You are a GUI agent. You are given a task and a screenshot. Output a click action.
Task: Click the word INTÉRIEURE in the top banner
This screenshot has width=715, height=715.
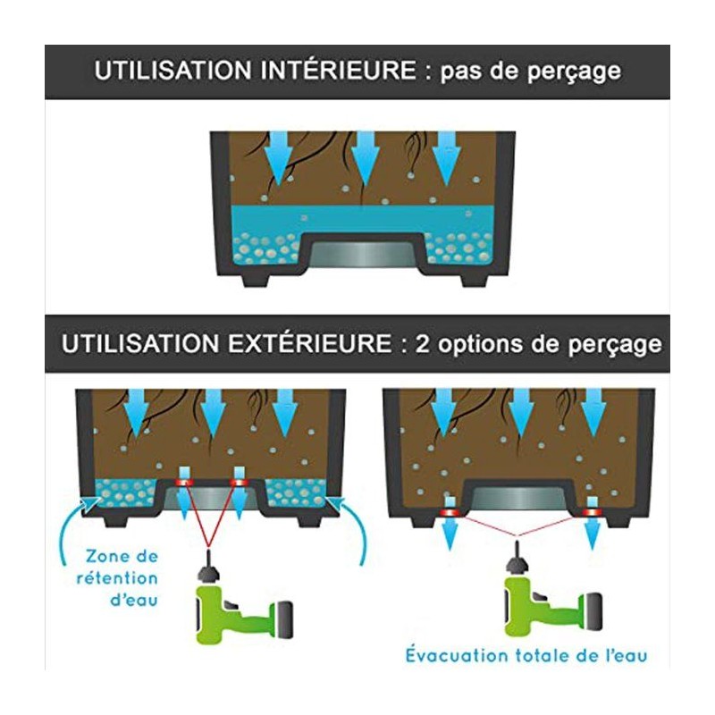(339, 71)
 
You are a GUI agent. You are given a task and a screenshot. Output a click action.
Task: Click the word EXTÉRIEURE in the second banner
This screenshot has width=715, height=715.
(309, 343)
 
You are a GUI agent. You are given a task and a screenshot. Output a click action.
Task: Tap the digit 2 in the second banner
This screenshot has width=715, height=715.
(422, 344)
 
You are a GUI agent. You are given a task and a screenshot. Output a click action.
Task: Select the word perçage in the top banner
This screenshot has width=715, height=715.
(574, 72)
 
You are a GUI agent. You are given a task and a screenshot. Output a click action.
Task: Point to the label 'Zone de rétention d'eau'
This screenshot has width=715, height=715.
(118, 578)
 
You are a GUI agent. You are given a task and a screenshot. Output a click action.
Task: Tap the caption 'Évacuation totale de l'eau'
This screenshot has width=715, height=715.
(526, 655)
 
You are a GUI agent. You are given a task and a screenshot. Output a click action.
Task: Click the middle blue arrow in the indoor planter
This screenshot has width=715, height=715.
(366, 158)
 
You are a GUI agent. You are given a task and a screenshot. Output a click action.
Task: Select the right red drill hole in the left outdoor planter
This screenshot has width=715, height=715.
(239, 482)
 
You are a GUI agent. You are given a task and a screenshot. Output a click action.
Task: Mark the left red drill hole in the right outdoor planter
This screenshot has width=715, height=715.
(450, 513)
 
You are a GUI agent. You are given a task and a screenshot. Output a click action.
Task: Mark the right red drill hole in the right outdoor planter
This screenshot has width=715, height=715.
(592, 513)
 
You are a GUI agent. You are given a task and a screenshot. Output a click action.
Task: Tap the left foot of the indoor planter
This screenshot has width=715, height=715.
(256, 279)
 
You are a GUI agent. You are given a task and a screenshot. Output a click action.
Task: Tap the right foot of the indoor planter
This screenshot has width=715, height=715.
(475, 279)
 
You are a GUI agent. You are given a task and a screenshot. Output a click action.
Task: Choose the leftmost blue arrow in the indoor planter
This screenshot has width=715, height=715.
(278, 158)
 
